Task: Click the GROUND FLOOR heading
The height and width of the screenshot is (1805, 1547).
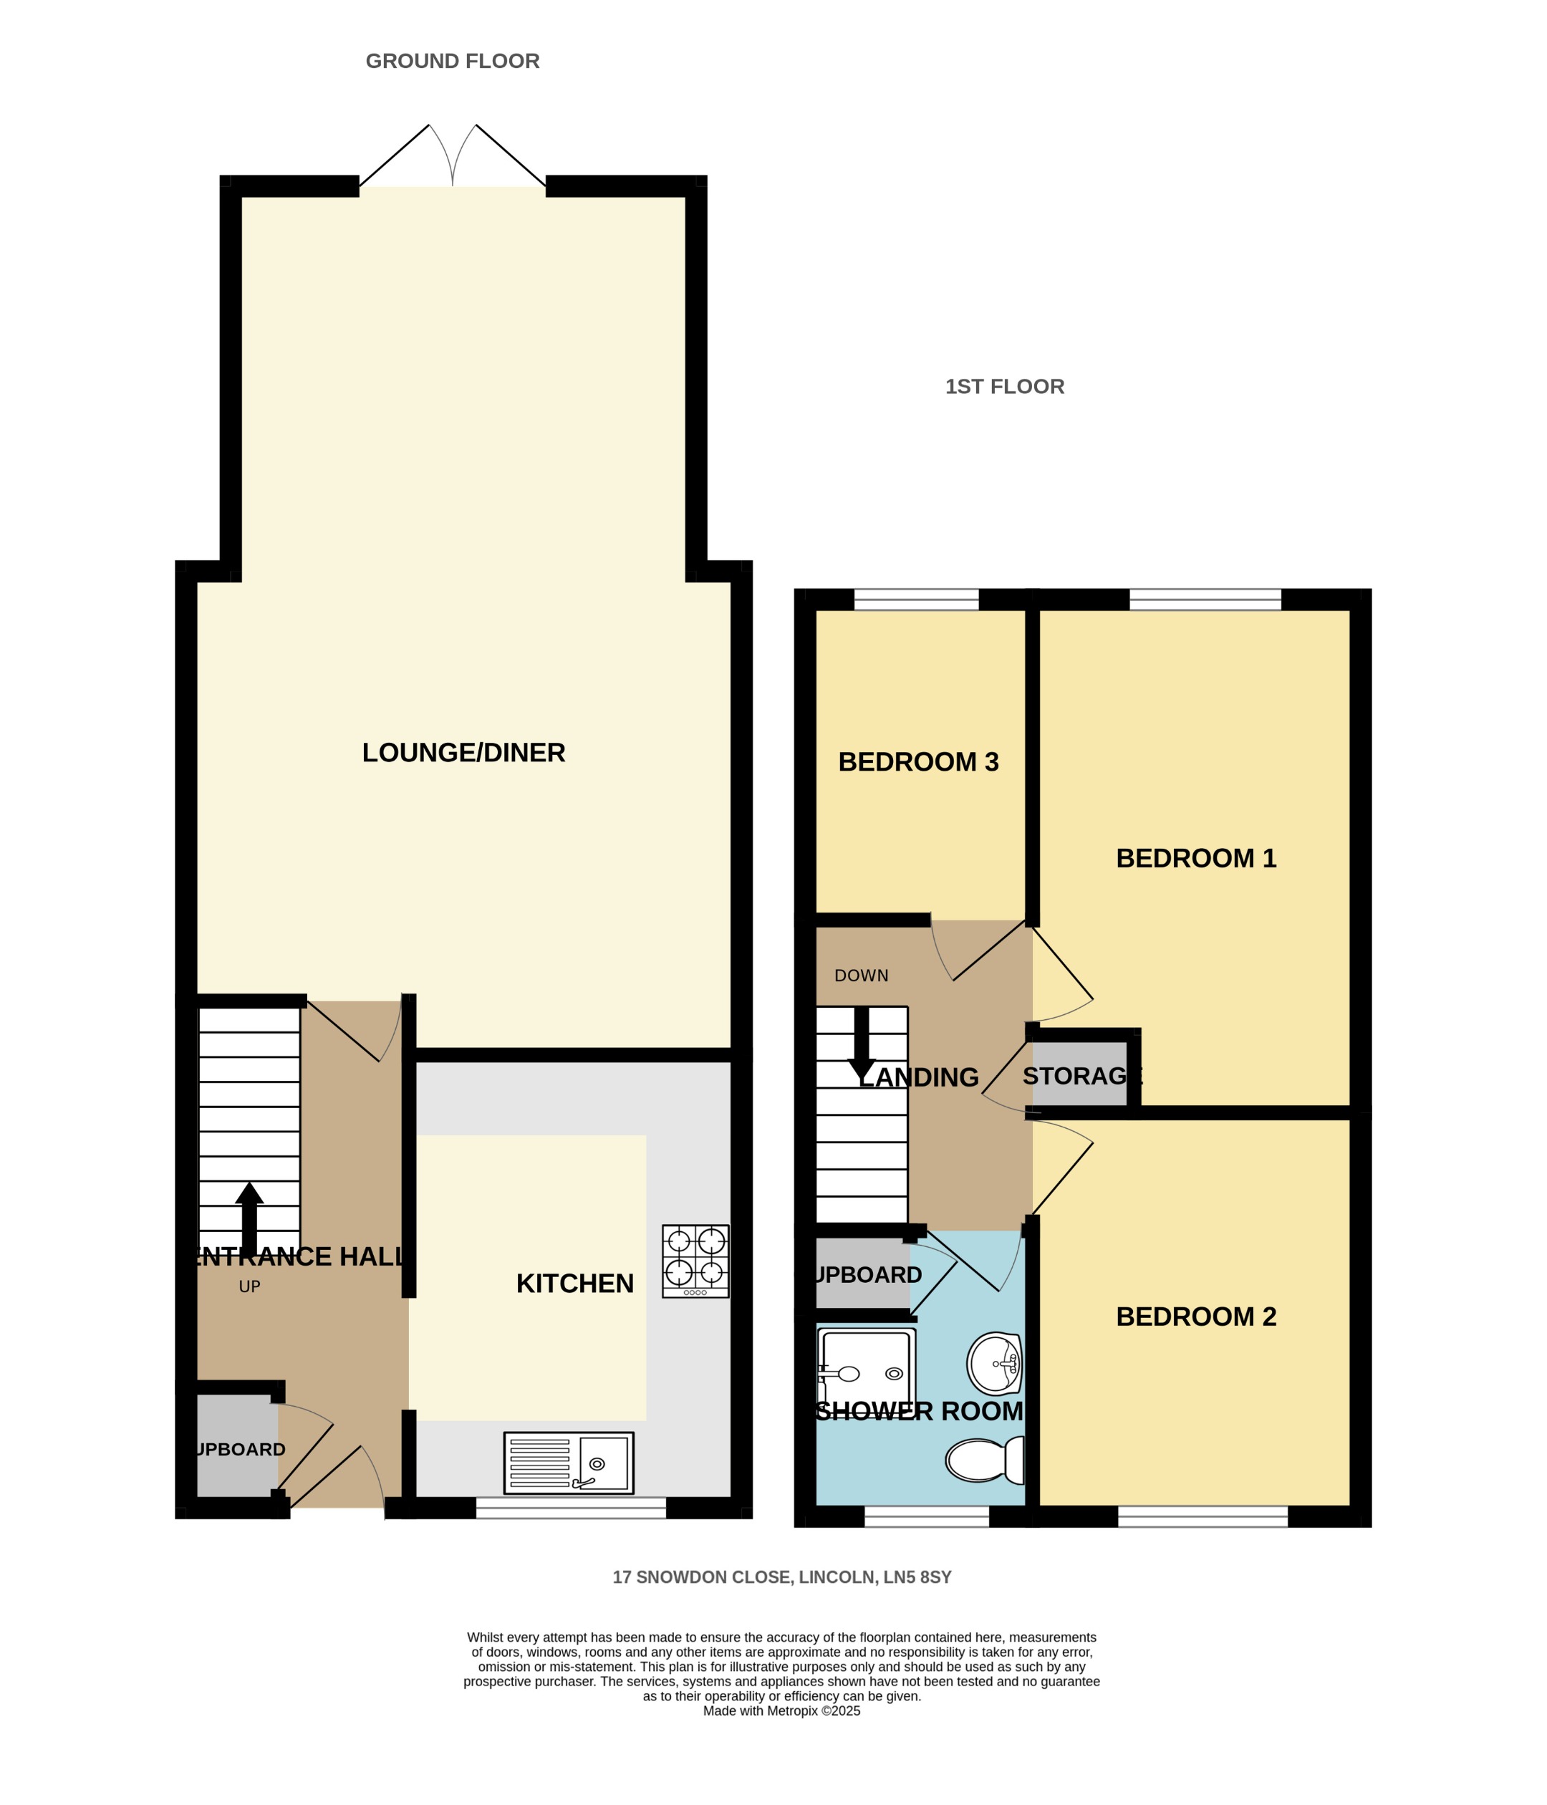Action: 452,61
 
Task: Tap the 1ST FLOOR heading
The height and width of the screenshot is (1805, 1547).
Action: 1004,387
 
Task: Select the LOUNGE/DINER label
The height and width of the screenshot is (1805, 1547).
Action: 463,753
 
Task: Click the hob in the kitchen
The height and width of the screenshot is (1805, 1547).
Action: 695,1261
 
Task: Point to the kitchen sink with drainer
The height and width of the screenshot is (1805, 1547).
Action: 568,1463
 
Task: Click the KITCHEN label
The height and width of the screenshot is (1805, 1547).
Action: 575,1283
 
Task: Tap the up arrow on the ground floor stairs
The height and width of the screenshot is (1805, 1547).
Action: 249,1218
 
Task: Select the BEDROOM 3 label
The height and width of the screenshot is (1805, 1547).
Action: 918,762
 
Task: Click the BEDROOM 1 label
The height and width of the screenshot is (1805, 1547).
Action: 1195,858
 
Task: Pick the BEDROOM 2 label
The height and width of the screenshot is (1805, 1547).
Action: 1195,1317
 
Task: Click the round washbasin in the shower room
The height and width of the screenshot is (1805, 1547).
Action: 994,1363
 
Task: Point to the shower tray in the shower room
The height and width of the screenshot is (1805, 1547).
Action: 866,1373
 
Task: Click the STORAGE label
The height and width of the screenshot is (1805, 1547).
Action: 1081,1076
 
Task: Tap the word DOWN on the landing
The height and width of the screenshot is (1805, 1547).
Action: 861,976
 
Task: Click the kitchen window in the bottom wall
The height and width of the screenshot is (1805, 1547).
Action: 571,1508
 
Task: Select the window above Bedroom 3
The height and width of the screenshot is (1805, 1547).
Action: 916,600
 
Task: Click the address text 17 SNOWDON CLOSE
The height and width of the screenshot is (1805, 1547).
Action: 781,1577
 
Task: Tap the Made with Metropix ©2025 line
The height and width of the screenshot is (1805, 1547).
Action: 781,1711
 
